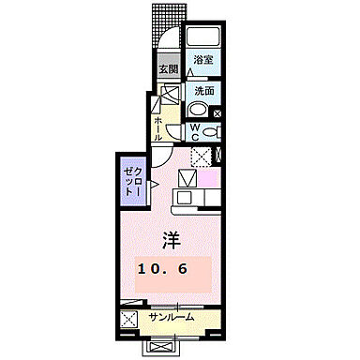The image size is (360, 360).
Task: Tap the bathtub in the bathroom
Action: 202,38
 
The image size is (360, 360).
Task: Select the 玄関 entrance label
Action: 168,68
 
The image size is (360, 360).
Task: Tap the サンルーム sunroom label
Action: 172,317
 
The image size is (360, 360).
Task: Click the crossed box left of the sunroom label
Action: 129,319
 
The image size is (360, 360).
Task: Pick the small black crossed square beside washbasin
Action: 218,113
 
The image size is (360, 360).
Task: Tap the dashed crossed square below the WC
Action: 202,157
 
